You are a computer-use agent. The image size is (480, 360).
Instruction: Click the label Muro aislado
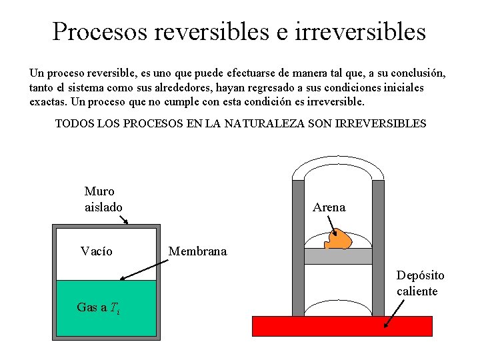coord(103,199)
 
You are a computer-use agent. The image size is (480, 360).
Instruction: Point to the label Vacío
coord(97,251)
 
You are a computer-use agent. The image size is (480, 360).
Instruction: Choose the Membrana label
coord(197,251)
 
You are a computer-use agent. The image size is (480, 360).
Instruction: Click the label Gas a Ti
coord(99,307)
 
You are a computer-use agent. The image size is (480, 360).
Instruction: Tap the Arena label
coord(329,207)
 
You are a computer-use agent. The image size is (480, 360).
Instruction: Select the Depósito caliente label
coord(420,283)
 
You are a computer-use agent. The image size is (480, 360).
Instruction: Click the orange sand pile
coord(341,239)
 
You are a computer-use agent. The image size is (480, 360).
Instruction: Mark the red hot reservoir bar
coord(342,325)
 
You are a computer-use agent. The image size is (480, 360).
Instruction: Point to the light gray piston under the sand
coord(337,257)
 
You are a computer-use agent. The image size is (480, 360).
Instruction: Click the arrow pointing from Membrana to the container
coord(143,269)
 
